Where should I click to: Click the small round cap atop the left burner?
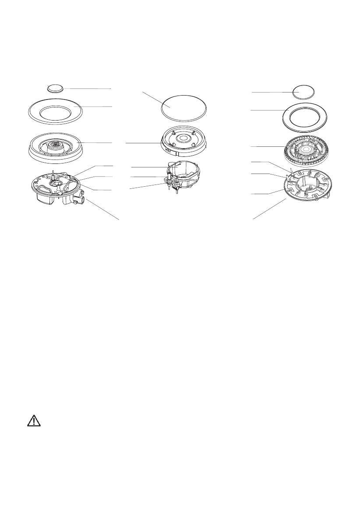coord(55,88)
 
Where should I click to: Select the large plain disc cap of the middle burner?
coord(184,108)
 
